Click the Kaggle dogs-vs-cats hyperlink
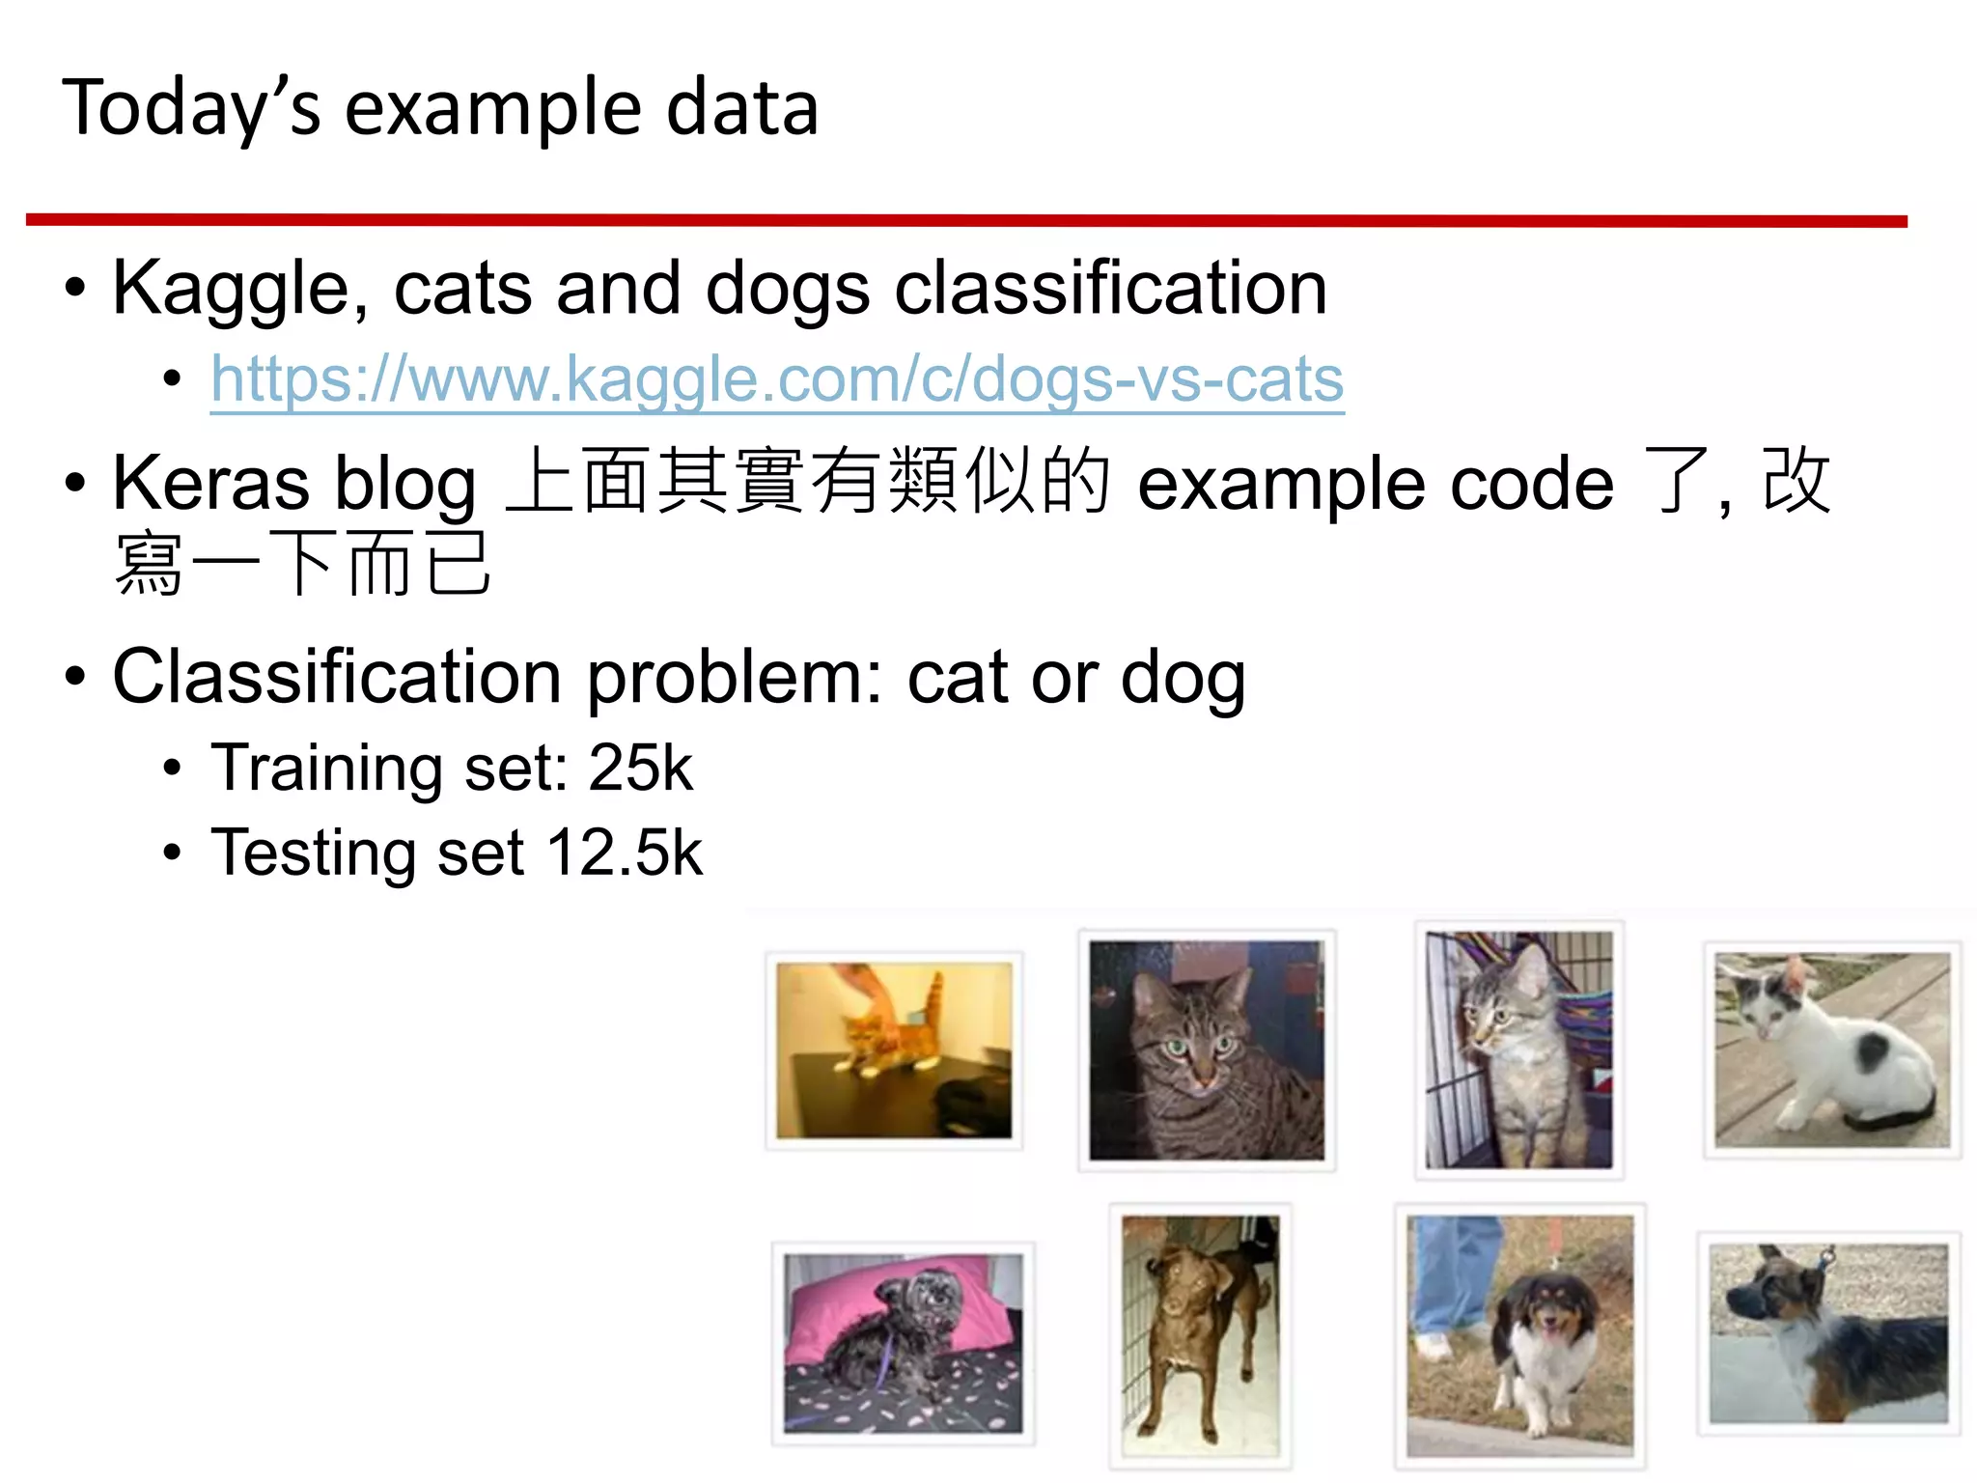tap(777, 379)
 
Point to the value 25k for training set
tap(640, 769)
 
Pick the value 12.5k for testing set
tap(625, 853)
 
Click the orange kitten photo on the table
tap(894, 1050)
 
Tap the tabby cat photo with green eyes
tap(1207, 1050)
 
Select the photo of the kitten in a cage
tap(1519, 1050)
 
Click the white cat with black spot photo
tap(1832, 1050)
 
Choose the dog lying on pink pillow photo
tap(903, 1343)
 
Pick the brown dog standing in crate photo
tap(1200, 1335)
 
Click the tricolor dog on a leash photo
tap(1520, 1335)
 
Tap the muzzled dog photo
tap(1828, 1333)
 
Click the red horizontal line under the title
tap(965, 221)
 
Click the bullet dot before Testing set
tap(172, 853)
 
